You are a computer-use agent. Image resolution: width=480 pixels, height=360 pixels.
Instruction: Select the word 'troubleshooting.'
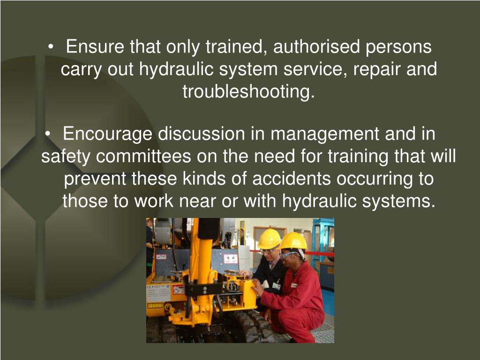248,91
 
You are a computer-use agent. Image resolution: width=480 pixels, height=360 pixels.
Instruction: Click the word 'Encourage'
108,135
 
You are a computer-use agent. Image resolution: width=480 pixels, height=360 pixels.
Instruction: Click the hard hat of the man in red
293,241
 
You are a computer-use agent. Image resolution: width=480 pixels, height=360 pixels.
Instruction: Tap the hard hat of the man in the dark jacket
269,239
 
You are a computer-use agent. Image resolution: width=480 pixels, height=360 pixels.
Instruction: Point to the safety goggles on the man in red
288,255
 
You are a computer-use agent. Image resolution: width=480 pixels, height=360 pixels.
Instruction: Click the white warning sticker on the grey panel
230,258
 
